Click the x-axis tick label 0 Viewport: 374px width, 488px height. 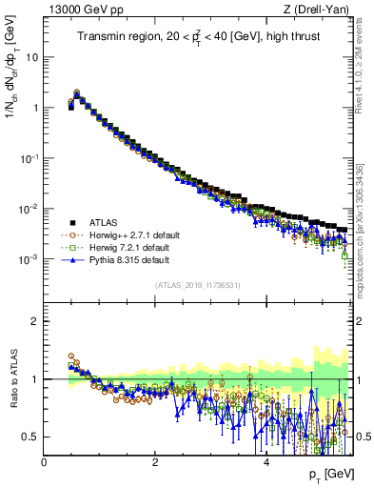(44, 463)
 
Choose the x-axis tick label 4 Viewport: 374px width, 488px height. (266, 463)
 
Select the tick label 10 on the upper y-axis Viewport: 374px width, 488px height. (30, 56)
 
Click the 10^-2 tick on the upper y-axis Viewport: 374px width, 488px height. (28, 209)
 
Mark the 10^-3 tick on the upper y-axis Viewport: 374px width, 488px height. (28, 259)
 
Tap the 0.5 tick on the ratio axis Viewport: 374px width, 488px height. (30, 437)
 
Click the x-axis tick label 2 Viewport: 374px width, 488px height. (155, 463)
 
